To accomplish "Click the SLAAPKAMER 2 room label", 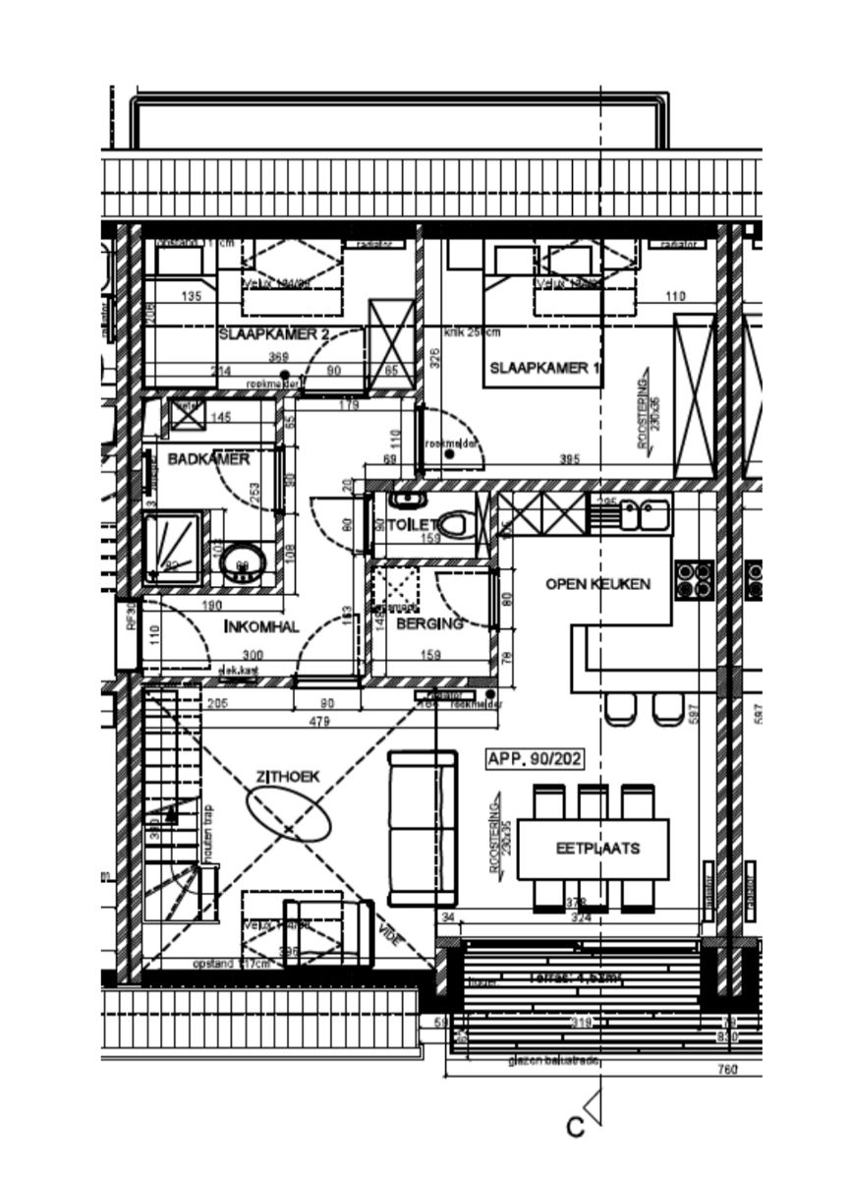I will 273,335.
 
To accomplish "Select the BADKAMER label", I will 208,459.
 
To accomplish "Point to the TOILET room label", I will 411,525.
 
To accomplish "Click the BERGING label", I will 429,623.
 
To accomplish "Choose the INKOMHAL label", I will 261,626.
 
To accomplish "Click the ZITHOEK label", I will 288,777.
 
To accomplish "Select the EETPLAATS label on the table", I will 597,848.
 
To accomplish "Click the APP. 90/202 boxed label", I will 535,759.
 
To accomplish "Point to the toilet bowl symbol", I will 453,525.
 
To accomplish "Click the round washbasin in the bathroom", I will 241,563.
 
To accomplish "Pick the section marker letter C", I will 576,1127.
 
